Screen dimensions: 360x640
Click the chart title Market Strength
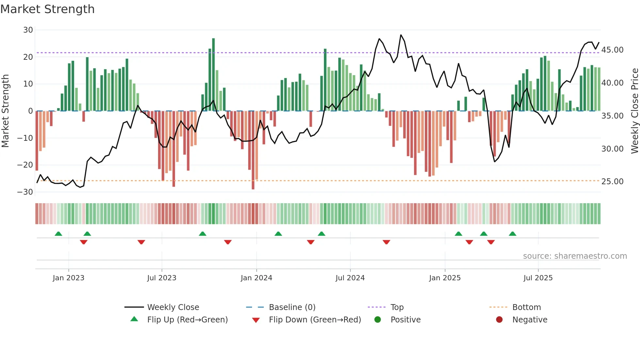pos(48,9)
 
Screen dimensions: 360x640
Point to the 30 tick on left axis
pos(28,30)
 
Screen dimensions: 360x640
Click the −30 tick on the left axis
pos(25,192)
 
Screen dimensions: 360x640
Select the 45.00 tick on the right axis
pos(612,50)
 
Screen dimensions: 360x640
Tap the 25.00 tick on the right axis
pos(612,182)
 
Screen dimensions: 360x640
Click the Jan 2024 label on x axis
pos(256,278)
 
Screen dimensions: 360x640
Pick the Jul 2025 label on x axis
pos(538,278)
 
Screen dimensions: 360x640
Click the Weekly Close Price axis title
pos(634,111)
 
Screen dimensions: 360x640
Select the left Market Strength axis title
pos(5,111)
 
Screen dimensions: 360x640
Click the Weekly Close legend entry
pos(173,307)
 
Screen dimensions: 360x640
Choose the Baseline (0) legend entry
pos(292,307)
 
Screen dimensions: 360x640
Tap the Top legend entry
pos(397,307)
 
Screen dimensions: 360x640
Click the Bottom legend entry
pos(526,307)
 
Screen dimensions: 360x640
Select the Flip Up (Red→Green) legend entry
pos(187,320)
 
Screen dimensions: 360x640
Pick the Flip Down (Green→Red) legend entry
pos(315,320)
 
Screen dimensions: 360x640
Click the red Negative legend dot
pos(499,320)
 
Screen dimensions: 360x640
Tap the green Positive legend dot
pos(377,320)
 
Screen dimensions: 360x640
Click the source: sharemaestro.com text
pos(575,256)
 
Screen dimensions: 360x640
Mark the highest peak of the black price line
pos(401,35)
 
